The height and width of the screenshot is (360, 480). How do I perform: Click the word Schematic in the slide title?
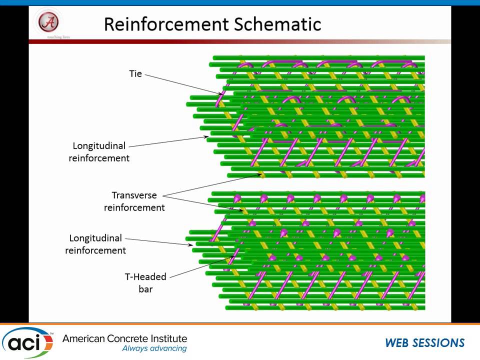[x=282, y=23]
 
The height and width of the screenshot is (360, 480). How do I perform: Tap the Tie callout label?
[x=135, y=74]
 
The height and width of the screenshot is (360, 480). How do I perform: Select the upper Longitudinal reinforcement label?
[x=99, y=152]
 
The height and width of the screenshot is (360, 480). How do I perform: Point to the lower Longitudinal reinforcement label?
[x=95, y=244]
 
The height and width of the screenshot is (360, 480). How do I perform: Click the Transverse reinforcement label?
[x=134, y=201]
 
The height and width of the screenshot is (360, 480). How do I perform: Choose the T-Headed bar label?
[x=145, y=282]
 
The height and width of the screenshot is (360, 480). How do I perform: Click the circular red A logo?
[x=48, y=21]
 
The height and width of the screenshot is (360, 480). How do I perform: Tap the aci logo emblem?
[x=27, y=342]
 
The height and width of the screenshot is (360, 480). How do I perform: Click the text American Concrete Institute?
[x=124, y=338]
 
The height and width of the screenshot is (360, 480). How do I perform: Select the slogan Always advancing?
[x=154, y=348]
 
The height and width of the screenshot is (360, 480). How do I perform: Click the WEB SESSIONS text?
[x=424, y=343]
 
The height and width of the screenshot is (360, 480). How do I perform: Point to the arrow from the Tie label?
[x=182, y=83]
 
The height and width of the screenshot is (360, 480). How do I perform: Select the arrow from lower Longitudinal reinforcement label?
[x=160, y=241]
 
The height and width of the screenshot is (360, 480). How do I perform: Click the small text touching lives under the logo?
[x=48, y=37]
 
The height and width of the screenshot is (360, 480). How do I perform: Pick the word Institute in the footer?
[x=167, y=338]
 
